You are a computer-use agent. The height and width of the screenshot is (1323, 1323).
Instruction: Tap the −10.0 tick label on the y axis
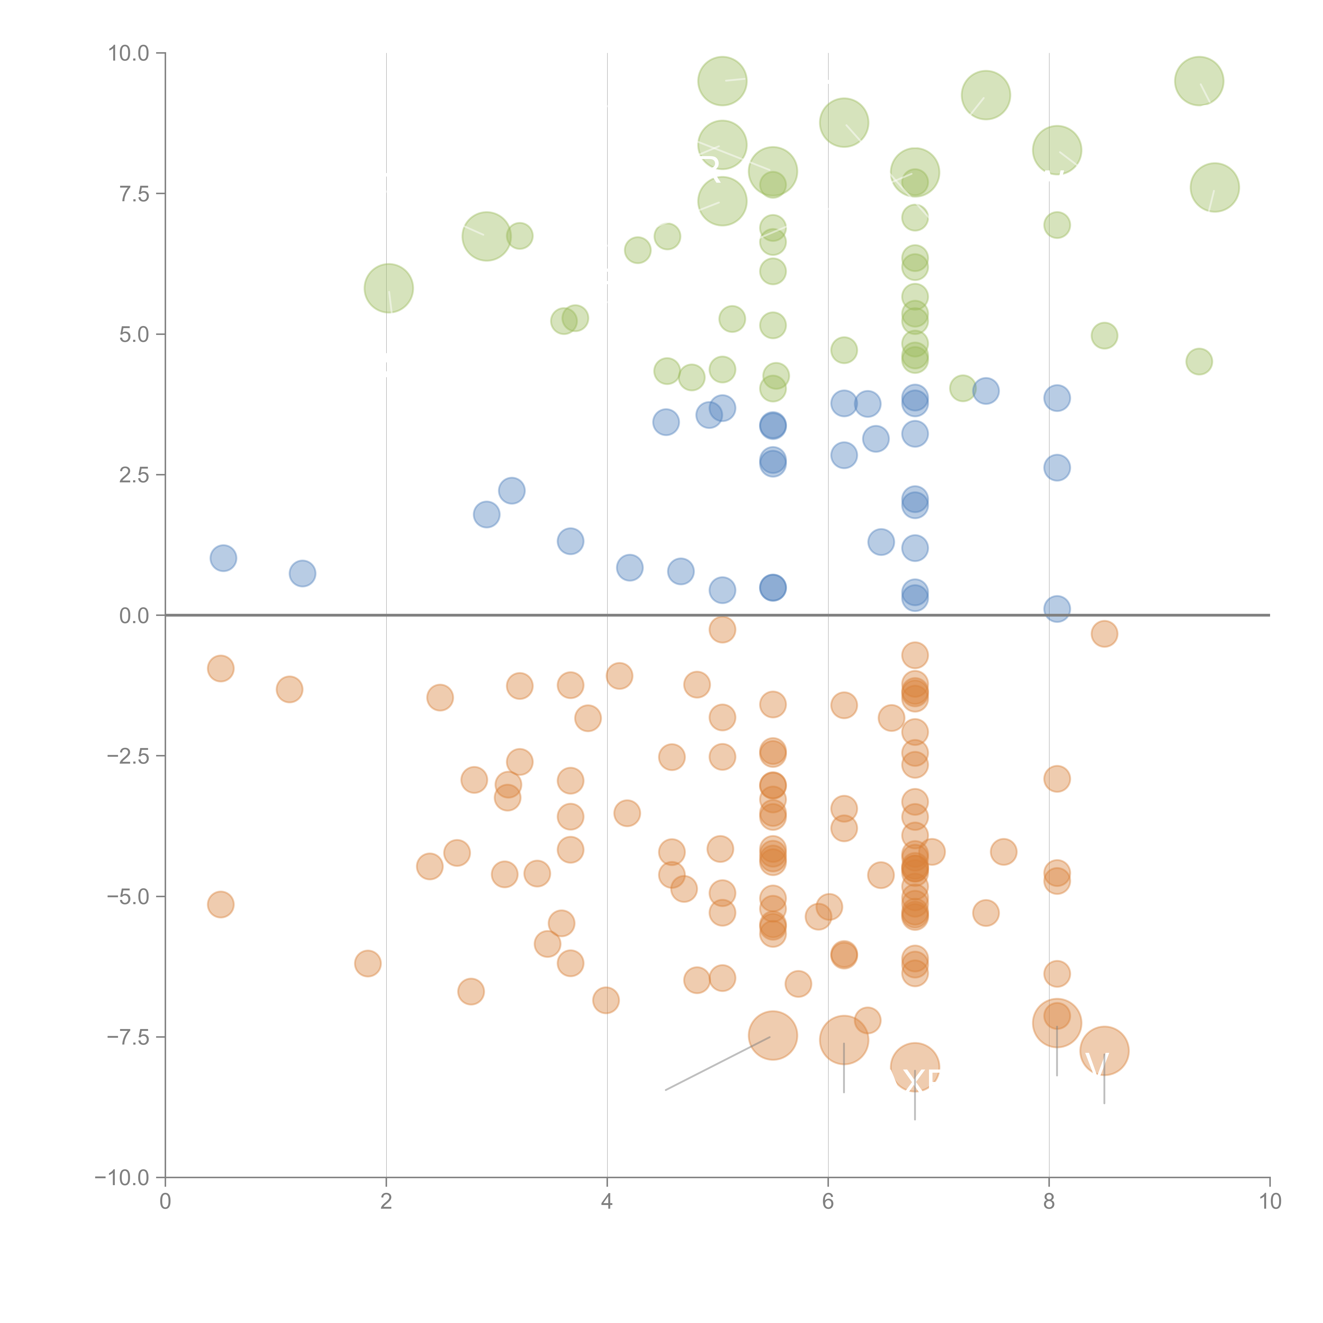[122, 1178]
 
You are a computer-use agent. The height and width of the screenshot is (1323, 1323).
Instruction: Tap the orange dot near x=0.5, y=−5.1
[220, 905]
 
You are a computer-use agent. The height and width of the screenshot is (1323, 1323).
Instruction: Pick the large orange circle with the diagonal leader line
[772, 1035]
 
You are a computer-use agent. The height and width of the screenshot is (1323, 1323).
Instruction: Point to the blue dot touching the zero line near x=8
[1057, 608]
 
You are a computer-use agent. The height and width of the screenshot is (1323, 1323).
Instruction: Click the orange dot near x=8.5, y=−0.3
[1104, 633]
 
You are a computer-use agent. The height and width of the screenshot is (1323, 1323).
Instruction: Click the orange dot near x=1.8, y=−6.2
[368, 963]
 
